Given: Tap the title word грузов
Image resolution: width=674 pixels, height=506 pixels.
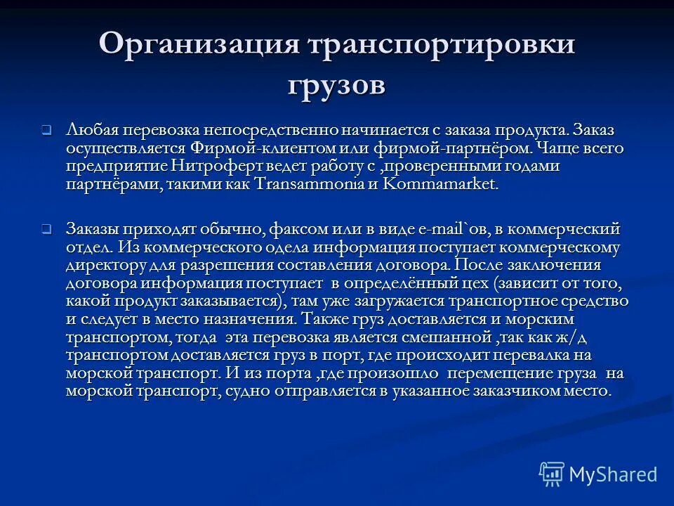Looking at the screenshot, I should click(x=337, y=85).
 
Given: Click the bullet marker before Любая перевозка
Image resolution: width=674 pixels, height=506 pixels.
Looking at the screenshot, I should click(x=46, y=130).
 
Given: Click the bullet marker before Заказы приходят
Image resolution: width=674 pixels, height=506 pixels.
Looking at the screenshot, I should click(x=46, y=229).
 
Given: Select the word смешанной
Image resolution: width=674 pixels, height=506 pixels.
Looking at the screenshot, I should click(x=456, y=337).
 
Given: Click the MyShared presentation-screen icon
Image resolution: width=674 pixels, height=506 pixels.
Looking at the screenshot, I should click(x=551, y=474).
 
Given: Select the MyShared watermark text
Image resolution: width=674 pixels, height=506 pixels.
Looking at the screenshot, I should click(x=613, y=474).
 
